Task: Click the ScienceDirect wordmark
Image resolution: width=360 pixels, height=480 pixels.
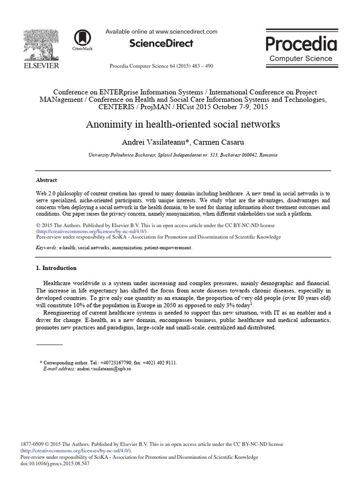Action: tap(161, 43)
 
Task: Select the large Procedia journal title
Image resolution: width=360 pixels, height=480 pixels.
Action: tap(301, 44)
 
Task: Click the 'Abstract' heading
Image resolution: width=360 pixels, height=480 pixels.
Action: tap(46, 180)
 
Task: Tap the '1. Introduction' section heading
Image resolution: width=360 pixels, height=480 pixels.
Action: tap(56, 268)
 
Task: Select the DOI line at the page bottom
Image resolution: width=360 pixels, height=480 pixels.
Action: tap(55, 463)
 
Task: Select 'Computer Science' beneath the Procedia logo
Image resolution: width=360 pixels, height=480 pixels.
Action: tap(301, 59)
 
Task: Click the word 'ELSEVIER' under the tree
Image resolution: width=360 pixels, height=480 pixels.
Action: tap(41, 66)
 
